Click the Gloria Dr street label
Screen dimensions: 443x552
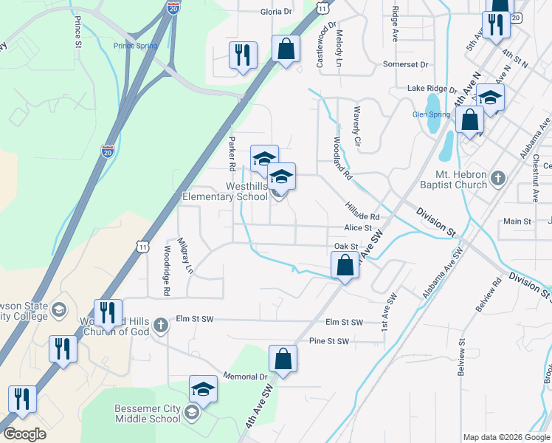tap(277, 13)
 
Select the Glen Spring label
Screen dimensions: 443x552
tap(431, 114)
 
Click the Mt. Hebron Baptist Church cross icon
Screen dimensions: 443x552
tap(499, 178)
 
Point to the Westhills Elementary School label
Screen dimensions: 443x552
tap(226, 191)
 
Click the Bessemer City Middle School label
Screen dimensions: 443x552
tap(147, 413)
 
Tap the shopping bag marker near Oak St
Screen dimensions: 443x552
tap(345, 265)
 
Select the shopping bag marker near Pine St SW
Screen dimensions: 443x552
tap(283, 360)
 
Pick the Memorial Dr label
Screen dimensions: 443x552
tap(243, 377)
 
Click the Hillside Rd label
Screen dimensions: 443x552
tap(362, 212)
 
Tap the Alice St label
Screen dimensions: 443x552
tap(357, 229)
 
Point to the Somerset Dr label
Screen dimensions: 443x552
tap(405, 65)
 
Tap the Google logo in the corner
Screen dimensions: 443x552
tap(24, 434)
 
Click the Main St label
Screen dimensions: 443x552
tap(517, 221)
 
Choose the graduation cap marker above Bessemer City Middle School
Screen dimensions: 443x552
tap(204, 389)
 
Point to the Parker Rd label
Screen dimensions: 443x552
tap(231, 151)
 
